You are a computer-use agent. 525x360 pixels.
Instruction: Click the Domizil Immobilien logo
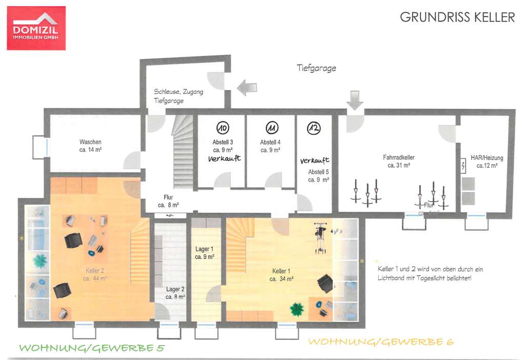(x=36, y=28)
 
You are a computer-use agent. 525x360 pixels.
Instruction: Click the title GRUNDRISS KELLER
(x=457, y=17)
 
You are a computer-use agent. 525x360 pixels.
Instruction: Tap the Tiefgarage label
(x=316, y=68)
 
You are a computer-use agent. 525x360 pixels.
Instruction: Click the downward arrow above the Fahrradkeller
(x=354, y=99)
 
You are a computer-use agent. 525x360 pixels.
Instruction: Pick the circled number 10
(x=223, y=128)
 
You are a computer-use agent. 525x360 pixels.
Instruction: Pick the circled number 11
(x=271, y=128)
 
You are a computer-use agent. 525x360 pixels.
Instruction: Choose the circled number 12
(x=313, y=128)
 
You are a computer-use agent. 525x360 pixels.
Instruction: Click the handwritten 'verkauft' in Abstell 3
(x=224, y=159)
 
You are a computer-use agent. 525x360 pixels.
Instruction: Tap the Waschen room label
(x=90, y=146)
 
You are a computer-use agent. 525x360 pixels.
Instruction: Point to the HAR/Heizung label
(x=487, y=162)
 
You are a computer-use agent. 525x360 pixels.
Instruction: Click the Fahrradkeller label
(x=398, y=161)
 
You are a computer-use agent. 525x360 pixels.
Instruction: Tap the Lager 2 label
(x=175, y=293)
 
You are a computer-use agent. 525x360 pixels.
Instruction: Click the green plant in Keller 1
(x=296, y=309)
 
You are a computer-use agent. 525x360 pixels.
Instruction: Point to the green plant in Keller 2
(x=40, y=261)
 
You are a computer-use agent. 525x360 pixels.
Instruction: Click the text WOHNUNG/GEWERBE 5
(x=92, y=348)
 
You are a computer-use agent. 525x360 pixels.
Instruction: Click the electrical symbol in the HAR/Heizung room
(x=463, y=166)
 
